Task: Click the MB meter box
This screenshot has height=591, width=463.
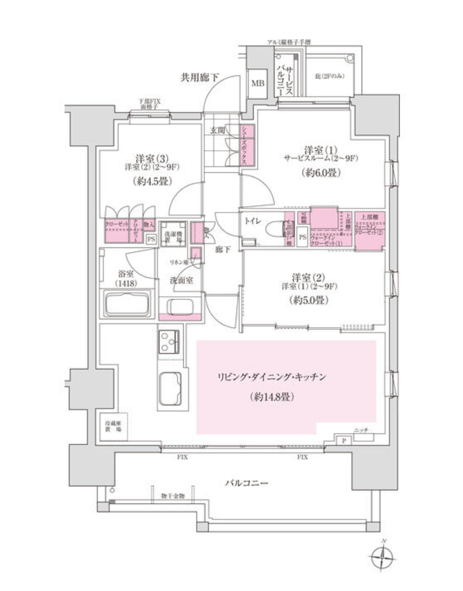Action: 257,83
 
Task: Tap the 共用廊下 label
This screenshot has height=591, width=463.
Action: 200,78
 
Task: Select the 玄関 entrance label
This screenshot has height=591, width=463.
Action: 218,131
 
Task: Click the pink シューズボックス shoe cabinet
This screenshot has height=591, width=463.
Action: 246,145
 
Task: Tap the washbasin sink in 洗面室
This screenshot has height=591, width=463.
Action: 180,306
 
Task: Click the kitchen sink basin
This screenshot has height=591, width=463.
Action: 169,388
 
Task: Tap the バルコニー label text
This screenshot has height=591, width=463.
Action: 246,484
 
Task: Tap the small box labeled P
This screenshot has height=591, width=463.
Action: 344,440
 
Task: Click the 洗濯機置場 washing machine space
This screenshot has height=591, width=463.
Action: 173,236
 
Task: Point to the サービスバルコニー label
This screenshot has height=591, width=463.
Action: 284,74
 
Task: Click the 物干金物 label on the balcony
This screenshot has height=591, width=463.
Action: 173,496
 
